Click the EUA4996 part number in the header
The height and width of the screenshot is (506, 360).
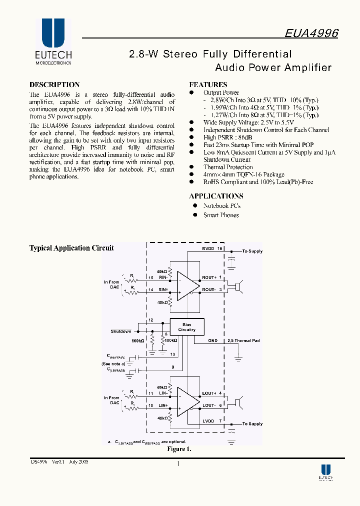(311, 33)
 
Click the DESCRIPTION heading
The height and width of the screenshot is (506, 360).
(54, 84)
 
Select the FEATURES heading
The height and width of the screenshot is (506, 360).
(208, 84)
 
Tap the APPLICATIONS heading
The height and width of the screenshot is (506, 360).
(216, 196)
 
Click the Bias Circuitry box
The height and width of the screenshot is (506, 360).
(186, 327)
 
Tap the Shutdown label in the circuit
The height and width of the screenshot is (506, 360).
(121, 331)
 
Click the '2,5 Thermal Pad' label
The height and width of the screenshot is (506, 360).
(243, 340)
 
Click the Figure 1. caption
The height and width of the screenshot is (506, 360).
(179, 449)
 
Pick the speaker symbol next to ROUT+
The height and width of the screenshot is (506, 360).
(238, 285)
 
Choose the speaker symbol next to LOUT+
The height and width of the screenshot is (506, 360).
(238, 401)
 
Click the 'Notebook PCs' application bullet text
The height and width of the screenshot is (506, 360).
(221, 206)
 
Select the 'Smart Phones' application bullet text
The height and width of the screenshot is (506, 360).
(220, 215)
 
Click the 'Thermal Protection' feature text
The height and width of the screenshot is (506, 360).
(228, 167)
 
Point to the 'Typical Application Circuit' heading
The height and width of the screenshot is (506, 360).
(71, 248)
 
